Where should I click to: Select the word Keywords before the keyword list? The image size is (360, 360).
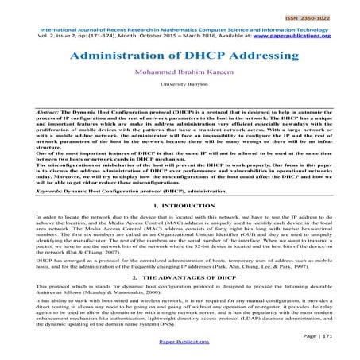[31, 191]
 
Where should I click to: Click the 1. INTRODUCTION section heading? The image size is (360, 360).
[180, 206]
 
